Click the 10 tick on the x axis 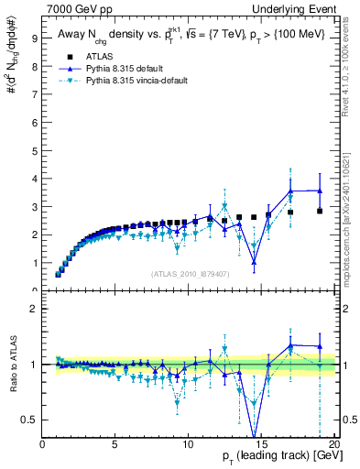(187, 442)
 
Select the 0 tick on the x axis (43, 442)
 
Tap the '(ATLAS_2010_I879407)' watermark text (190, 273)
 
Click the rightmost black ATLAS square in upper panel (320, 211)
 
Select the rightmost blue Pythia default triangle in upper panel (320, 191)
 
